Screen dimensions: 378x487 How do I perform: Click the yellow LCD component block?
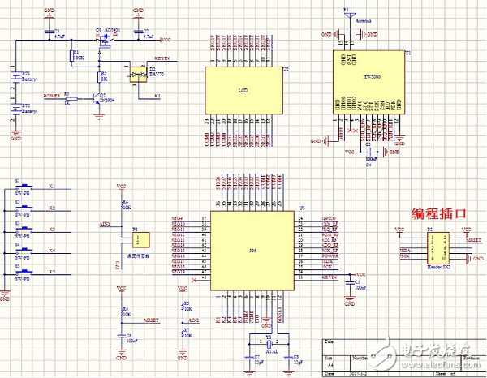tap(241, 89)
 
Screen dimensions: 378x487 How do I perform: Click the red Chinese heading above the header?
tap(439, 214)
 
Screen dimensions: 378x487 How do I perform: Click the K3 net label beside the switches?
tap(52, 229)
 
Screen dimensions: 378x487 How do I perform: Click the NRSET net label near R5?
tap(151, 320)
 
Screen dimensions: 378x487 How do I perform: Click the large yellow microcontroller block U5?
tap(252, 250)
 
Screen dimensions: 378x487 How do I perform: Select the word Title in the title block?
tap(328, 341)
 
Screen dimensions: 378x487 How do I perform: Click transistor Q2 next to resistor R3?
tap(97, 99)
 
